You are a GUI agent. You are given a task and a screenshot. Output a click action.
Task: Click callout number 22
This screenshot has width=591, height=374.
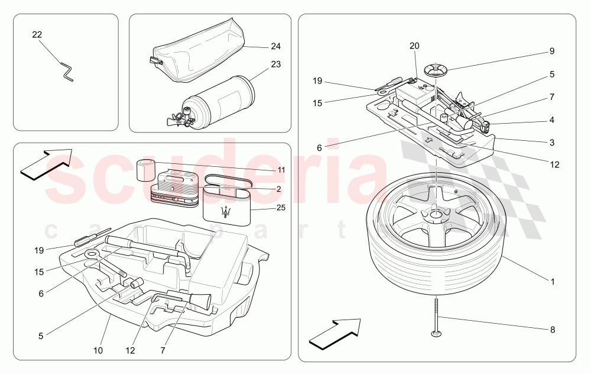tap(37, 35)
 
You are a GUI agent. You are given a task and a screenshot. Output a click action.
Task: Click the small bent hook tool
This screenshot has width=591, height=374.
tap(66, 71)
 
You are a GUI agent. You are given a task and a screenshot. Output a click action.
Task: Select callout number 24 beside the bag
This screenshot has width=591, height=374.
tap(275, 46)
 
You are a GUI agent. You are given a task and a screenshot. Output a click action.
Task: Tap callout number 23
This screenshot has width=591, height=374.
tap(275, 65)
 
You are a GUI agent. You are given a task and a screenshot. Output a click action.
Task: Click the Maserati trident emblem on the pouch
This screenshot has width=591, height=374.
tap(225, 213)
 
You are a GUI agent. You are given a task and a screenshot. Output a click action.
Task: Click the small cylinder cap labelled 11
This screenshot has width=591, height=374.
tap(145, 170)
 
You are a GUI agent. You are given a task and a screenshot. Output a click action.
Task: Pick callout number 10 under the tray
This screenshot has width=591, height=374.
tap(98, 350)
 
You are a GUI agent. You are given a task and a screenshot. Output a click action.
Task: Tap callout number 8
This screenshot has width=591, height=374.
tap(552, 330)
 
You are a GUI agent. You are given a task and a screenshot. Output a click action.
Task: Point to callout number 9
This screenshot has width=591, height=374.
tap(552, 51)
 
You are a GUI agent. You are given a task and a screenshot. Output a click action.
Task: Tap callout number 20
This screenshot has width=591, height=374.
tap(414, 46)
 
